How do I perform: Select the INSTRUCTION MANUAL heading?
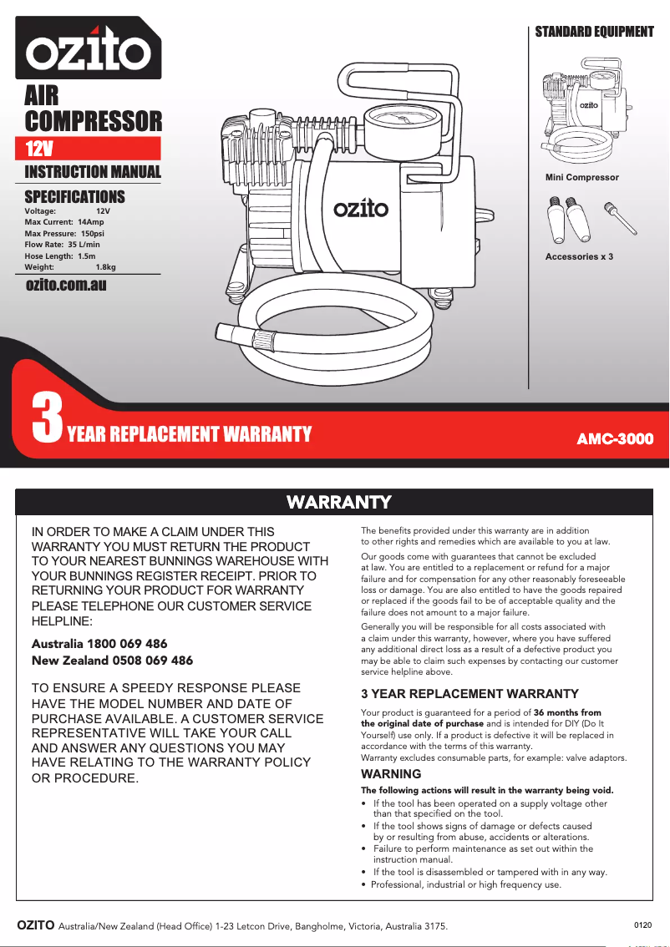(92, 172)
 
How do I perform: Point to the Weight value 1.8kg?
(106, 266)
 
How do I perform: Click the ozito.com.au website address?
(67, 285)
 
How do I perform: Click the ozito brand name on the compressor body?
(360, 207)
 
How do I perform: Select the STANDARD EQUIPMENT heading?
(594, 32)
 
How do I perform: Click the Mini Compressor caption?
(582, 177)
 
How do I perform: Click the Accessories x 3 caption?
(579, 256)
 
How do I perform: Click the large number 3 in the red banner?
(47, 420)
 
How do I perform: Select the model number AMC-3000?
(615, 438)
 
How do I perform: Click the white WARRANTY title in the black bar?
(338, 502)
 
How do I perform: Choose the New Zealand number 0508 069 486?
(151, 661)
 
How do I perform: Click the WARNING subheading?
(391, 774)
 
